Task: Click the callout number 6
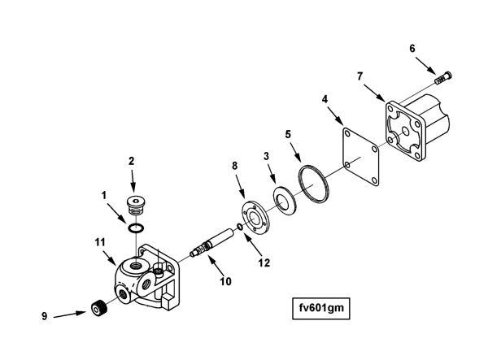[412, 49]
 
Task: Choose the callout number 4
[325, 99]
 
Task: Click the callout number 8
[234, 165]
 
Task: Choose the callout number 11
[100, 242]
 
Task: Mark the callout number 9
[45, 316]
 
